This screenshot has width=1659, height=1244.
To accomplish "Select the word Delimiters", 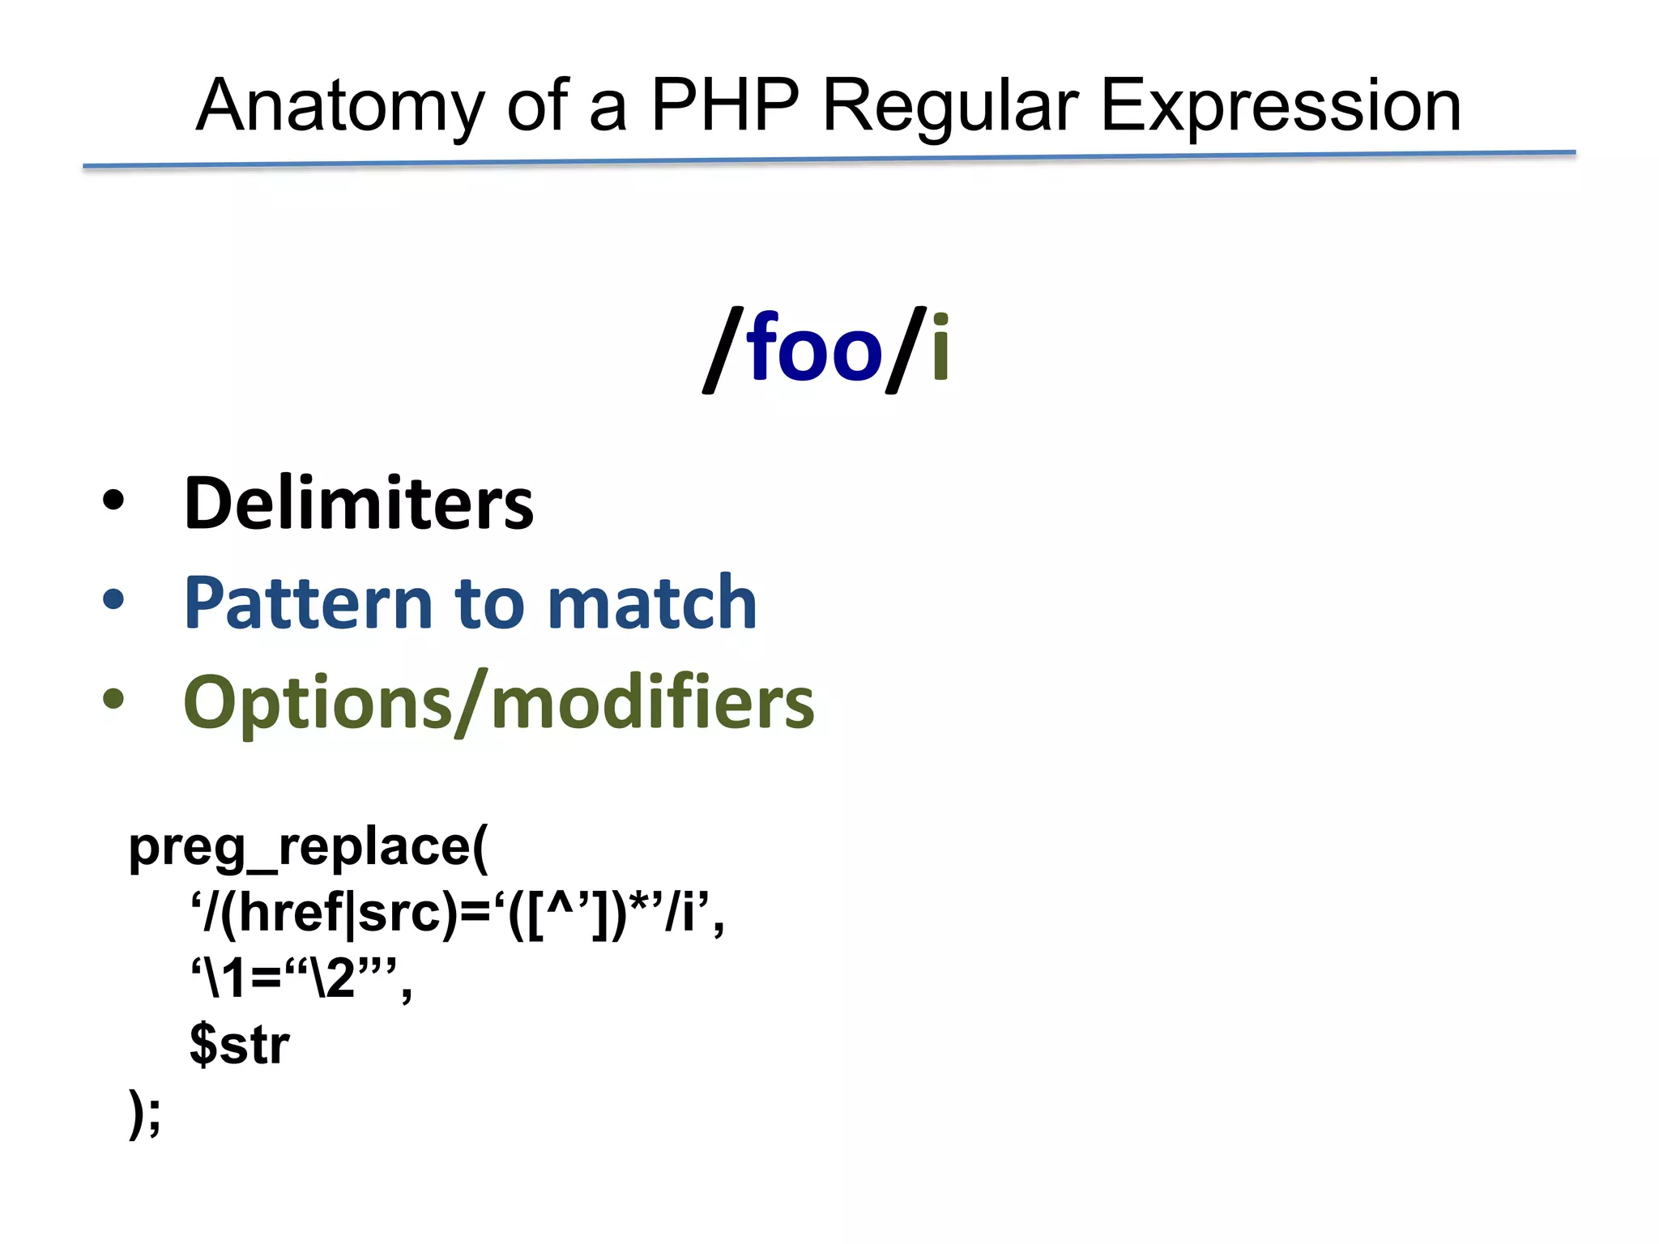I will [x=359, y=504].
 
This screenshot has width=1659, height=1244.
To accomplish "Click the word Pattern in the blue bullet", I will [x=308, y=603].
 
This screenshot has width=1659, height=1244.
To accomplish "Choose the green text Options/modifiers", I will [x=498, y=702].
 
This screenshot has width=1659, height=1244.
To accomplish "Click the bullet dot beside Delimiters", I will [x=113, y=501].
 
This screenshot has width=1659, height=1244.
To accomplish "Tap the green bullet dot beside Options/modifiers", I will [x=113, y=698].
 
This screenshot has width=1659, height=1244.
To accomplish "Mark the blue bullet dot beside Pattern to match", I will [x=113, y=599].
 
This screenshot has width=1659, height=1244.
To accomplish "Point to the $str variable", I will [x=239, y=1045].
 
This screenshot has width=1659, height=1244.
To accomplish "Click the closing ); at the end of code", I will [x=145, y=1113].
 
